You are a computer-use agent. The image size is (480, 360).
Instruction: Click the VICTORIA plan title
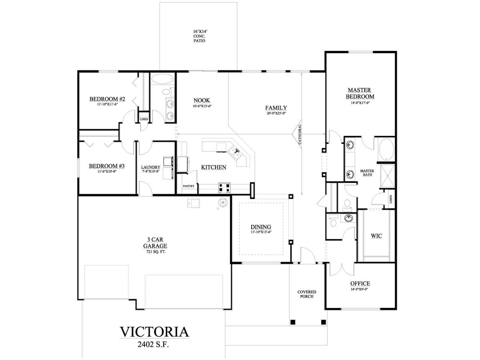click(154, 332)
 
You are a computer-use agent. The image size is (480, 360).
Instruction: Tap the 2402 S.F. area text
click(154, 344)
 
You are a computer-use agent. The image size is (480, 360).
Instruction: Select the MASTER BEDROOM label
click(360, 94)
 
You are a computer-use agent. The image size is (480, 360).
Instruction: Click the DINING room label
click(261, 226)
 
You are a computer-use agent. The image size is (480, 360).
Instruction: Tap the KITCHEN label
click(214, 167)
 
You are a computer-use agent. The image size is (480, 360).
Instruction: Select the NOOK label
click(202, 100)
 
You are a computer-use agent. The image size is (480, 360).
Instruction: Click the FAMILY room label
click(276, 108)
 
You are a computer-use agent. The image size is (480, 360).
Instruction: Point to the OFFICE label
click(360, 283)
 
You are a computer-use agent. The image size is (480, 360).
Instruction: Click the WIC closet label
click(376, 236)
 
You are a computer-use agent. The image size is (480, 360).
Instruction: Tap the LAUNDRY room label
click(151, 167)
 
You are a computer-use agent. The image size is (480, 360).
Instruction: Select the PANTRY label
click(188, 186)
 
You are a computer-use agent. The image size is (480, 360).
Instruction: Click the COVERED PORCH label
click(307, 294)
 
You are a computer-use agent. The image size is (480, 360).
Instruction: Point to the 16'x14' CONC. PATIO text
click(199, 36)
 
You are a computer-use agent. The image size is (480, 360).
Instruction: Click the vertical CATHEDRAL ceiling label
click(300, 134)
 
